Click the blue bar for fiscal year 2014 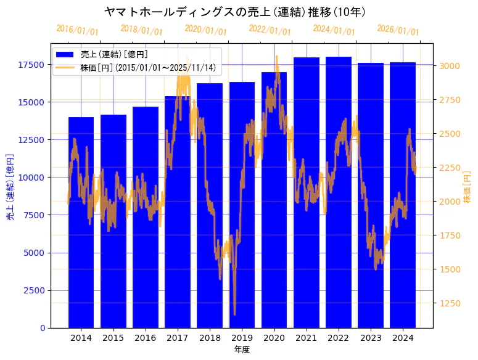[81, 222]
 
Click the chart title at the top [235, 12]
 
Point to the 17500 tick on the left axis [31, 65]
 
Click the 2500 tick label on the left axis [34, 290]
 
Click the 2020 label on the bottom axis [274, 338]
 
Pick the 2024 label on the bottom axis [403, 338]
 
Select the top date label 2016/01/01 [77, 30]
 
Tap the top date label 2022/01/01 [270, 30]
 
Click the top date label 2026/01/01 [398, 30]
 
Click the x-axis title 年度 [242, 350]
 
